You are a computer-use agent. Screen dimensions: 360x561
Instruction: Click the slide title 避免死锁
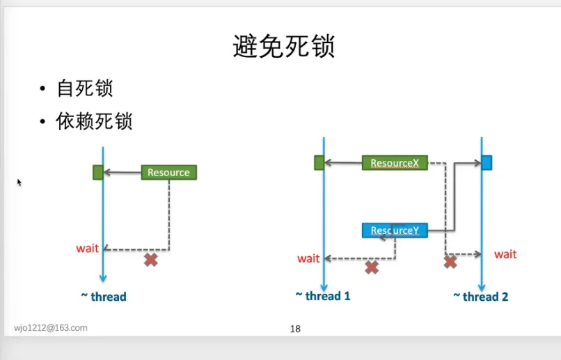point(283,47)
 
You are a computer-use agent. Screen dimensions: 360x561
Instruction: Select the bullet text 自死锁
point(85,89)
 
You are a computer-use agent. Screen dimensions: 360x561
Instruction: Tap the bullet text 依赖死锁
point(95,122)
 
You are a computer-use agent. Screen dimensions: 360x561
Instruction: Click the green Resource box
point(169,172)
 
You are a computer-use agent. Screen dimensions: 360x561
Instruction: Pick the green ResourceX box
point(395,163)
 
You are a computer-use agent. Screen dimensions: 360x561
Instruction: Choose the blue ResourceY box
point(395,230)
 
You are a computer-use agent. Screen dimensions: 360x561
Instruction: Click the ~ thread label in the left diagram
point(104,297)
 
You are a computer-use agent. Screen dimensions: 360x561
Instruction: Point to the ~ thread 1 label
point(323,296)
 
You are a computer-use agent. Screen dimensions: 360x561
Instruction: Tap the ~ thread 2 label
point(481,297)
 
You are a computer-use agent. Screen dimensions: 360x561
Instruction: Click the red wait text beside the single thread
point(88,249)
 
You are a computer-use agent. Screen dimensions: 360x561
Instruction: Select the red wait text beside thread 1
point(308,258)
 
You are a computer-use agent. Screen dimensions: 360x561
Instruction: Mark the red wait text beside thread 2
point(505,254)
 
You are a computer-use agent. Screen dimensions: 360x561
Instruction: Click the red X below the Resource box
point(150,260)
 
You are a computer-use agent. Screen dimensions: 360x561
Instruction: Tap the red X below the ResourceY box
point(372,267)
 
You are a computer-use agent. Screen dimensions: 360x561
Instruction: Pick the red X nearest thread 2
point(450,262)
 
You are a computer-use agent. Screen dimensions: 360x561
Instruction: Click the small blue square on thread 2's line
point(487,163)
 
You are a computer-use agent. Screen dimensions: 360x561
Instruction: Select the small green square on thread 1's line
point(319,163)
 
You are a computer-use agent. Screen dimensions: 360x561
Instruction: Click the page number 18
point(295,329)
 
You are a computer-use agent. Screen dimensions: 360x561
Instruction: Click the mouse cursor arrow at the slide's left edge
point(19,182)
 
